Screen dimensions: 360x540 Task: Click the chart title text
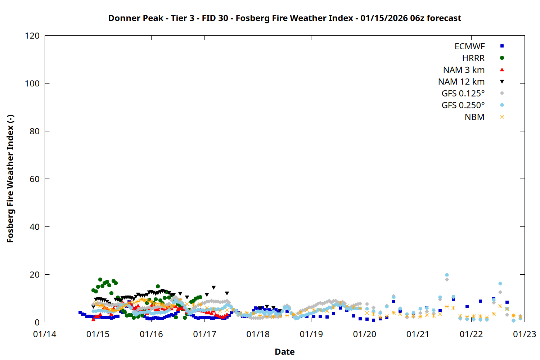(284, 18)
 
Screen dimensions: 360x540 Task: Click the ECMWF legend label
(469, 46)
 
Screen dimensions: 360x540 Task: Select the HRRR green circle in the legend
(502, 58)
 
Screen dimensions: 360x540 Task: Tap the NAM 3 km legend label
(464, 70)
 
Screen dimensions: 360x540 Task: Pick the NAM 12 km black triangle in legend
(502, 82)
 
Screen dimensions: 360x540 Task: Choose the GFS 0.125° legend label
(463, 94)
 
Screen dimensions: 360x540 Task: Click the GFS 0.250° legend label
(463, 105)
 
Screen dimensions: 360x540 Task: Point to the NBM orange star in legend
(502, 117)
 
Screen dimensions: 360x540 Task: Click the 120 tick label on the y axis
(32, 36)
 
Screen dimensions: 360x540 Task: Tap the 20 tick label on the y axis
(35, 275)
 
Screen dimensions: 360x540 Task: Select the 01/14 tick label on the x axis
(45, 334)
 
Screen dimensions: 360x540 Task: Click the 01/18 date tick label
(258, 334)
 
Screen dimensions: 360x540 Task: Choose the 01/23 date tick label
(525, 334)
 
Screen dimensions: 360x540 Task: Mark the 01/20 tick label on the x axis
(364, 334)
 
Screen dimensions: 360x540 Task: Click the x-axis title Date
(284, 352)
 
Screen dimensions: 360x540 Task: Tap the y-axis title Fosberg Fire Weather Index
(10, 179)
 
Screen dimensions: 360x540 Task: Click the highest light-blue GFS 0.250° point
(447, 275)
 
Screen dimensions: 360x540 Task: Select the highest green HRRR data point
(100, 279)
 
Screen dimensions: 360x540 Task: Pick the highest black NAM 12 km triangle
(213, 288)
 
